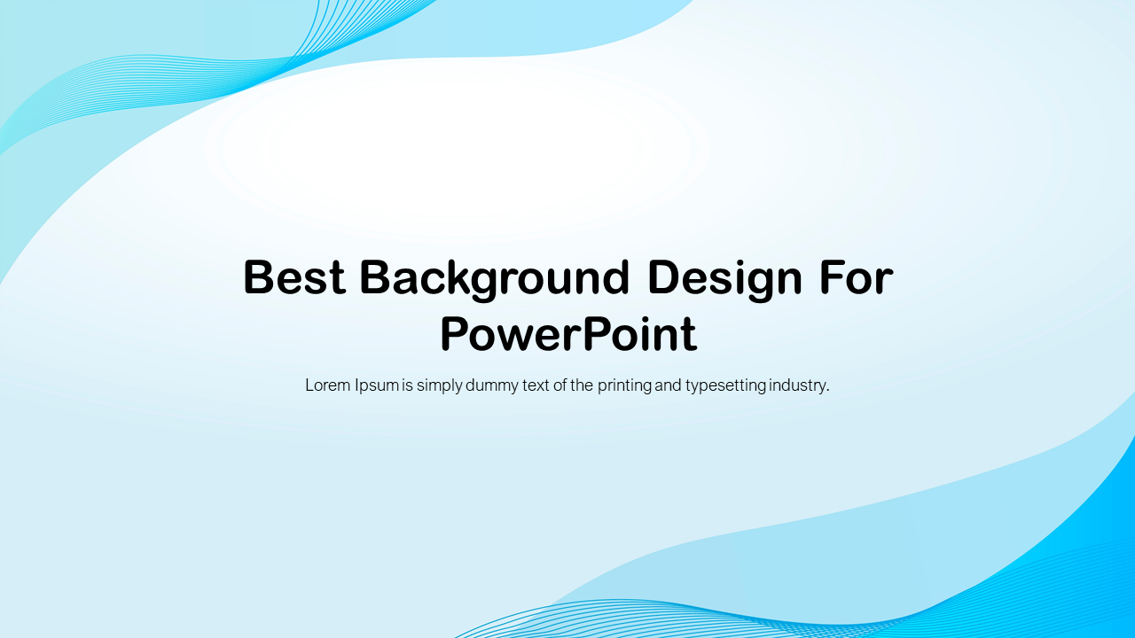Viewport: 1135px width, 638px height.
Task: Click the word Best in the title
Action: tap(294, 277)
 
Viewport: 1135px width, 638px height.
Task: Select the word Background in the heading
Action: tap(495, 277)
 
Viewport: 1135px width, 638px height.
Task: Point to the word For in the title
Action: tap(856, 277)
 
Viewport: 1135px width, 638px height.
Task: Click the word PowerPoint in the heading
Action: tap(567, 335)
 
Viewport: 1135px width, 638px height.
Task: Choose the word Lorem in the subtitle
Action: tap(327, 385)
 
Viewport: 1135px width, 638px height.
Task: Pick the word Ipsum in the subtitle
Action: tap(376, 386)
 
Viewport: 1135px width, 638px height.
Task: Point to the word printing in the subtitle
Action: tap(624, 386)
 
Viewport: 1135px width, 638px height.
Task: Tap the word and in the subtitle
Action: tap(668, 385)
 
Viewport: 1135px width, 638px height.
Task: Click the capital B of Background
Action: tap(375, 277)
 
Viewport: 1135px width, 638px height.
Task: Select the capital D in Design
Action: tap(663, 277)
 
